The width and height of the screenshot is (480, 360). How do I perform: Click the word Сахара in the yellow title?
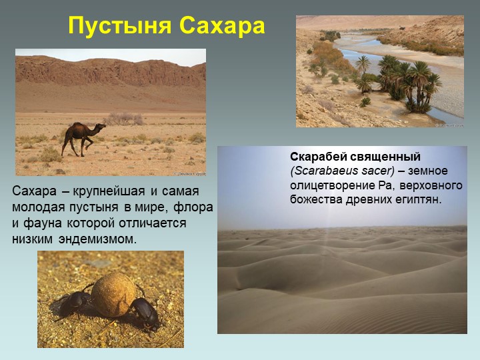coord(222,25)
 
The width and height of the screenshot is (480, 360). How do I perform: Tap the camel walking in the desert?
coord(83,139)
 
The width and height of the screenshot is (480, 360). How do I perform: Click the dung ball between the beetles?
coord(113,295)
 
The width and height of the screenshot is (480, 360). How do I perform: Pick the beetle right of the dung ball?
coord(144,312)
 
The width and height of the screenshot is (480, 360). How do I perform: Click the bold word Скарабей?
coord(319,157)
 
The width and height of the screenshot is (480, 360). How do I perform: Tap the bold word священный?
coord(385,157)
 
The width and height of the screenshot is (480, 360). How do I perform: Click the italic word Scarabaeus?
coord(327,171)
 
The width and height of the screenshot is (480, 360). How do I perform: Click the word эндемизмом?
coord(97,239)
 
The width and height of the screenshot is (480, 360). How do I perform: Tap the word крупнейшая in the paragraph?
coord(109,191)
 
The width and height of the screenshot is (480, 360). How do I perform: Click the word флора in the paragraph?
coord(193,207)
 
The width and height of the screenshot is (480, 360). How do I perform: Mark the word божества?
coord(317,199)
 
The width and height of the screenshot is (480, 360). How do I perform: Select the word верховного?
coord(431,186)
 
